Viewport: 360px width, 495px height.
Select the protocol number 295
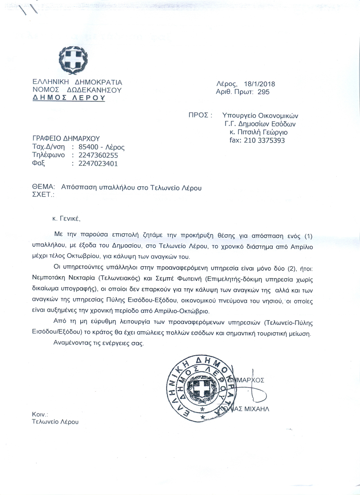pyautogui.click(x=262, y=92)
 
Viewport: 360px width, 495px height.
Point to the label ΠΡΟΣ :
pyautogui.click(x=200, y=115)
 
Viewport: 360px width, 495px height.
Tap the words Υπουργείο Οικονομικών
pyautogui.click(x=257, y=115)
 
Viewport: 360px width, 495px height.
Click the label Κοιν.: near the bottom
pyautogui.click(x=40, y=414)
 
